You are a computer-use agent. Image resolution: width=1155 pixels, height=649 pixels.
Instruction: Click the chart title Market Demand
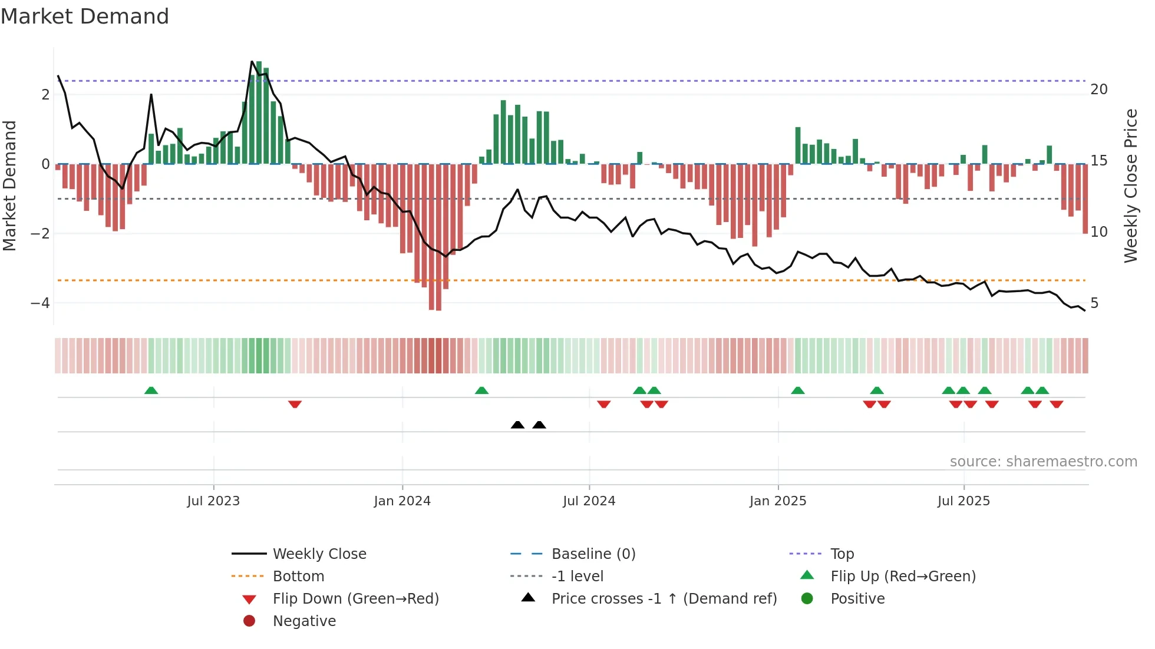click(x=85, y=16)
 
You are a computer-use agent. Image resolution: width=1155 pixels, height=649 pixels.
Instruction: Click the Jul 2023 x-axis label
click(x=213, y=501)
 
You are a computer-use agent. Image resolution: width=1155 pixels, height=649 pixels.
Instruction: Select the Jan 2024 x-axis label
click(x=402, y=501)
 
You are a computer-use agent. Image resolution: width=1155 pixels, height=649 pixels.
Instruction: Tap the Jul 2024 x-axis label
click(x=589, y=501)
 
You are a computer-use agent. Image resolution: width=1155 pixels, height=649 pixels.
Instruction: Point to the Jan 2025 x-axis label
click(x=777, y=501)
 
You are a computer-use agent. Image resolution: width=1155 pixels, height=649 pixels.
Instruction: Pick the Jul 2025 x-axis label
click(x=963, y=501)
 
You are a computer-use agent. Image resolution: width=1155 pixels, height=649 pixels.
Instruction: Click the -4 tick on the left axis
click(x=40, y=303)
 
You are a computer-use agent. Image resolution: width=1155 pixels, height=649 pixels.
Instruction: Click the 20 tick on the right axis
click(x=1098, y=90)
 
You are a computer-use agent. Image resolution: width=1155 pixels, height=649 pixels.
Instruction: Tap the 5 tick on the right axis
click(x=1094, y=303)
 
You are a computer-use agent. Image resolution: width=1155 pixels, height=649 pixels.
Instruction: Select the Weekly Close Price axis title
click(x=1130, y=186)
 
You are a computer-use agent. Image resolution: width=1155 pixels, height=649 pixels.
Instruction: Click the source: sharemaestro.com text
click(x=1043, y=462)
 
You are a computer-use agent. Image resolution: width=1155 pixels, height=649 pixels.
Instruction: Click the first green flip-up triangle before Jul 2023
click(x=151, y=390)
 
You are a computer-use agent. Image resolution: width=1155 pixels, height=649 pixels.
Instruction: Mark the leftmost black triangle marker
click(x=517, y=425)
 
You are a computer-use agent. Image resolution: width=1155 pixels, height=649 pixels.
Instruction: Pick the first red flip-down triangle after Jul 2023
click(x=295, y=404)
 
